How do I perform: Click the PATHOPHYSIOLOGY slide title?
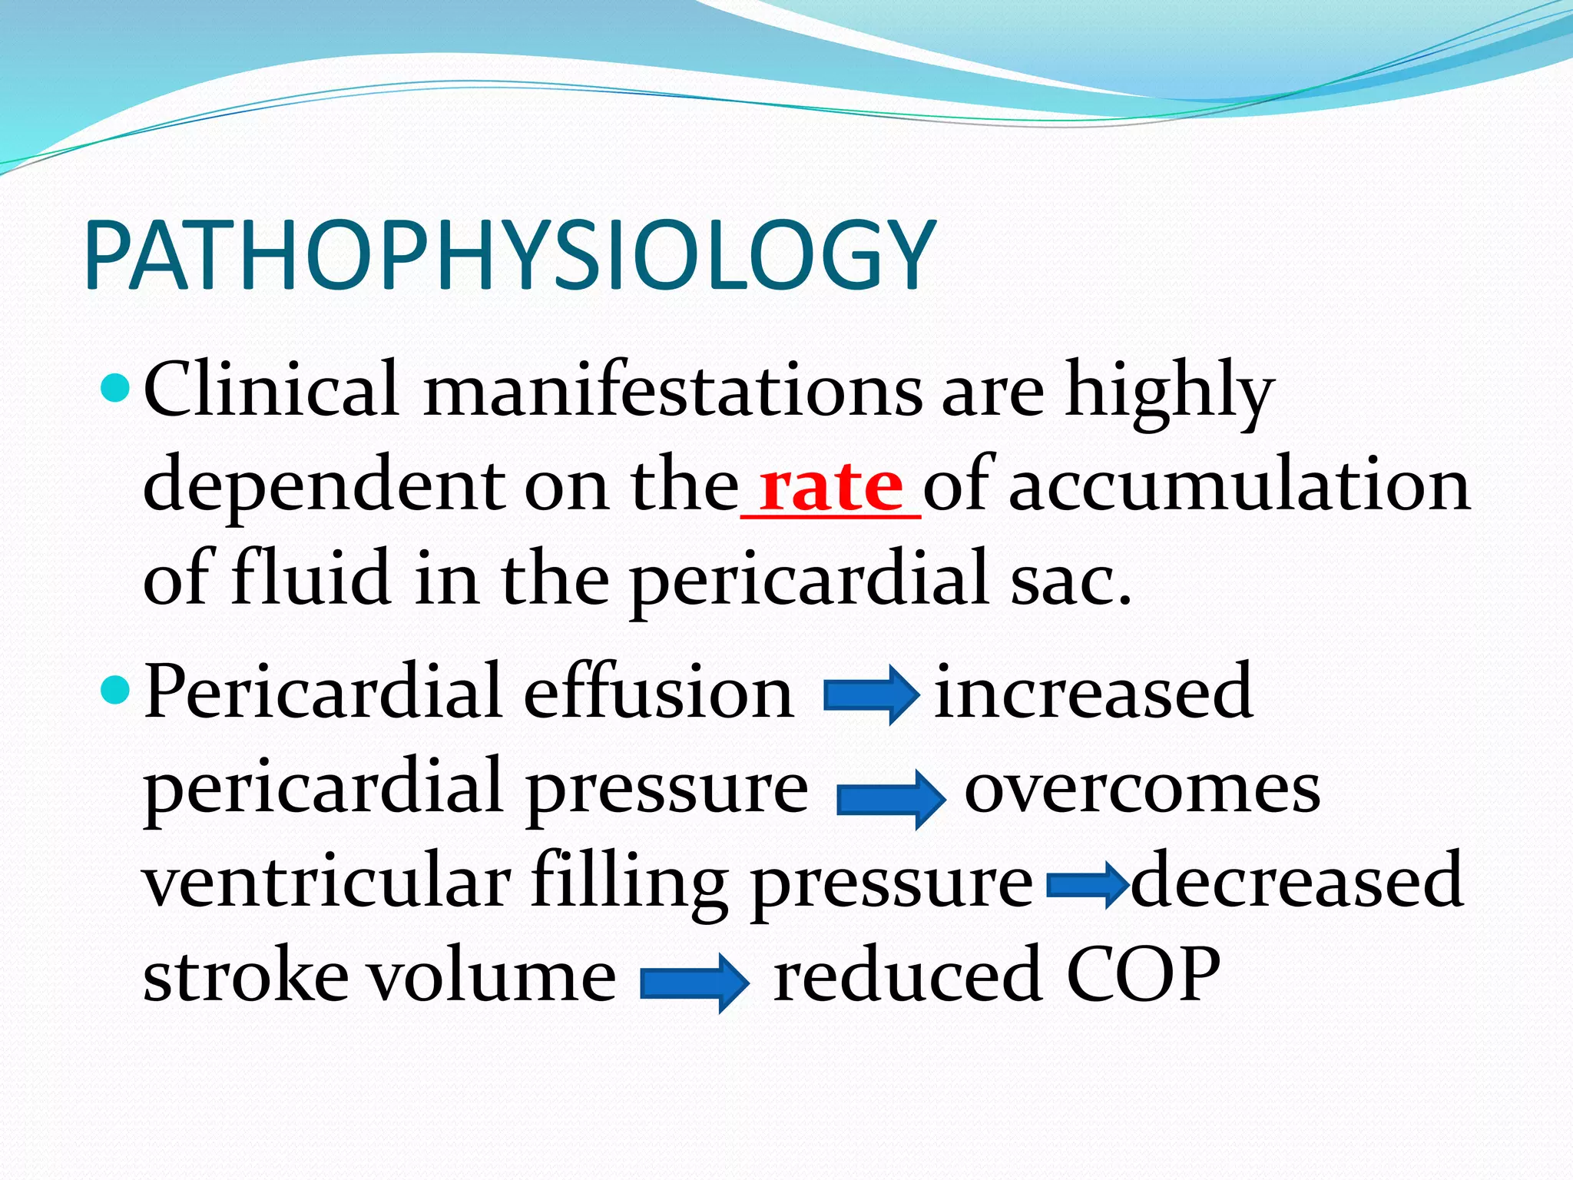510,255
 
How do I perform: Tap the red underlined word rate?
830,487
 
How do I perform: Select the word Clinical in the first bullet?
270,389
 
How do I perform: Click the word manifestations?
673,389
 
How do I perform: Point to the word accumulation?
1239,486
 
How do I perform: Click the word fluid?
310,578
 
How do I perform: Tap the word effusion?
658,692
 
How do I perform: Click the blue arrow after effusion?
871,694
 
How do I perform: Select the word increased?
1094,692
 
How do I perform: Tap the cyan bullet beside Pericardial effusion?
118,691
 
